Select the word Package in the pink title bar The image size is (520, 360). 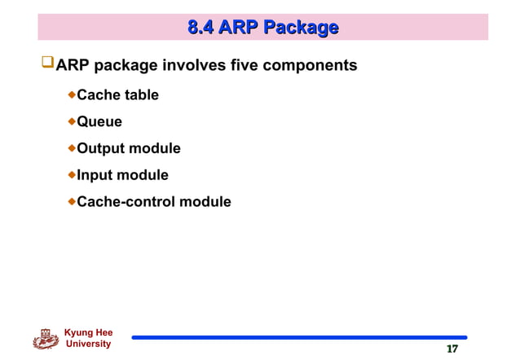tap(304, 29)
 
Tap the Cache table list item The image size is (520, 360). tap(117, 95)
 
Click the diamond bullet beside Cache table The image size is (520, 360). tap(71, 95)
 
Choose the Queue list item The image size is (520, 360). tap(99, 122)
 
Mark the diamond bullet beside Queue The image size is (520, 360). tap(71, 121)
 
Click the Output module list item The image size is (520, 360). tap(128, 149)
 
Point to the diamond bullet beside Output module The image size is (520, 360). tap(71, 148)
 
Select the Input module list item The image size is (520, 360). tap(122, 175)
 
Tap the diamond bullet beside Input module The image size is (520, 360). tap(71, 174)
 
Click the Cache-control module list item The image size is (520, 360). tap(153, 201)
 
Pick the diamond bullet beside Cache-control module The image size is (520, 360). tap(71, 200)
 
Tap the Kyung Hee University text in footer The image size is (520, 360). tap(87, 338)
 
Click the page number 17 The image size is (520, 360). tap(452, 349)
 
